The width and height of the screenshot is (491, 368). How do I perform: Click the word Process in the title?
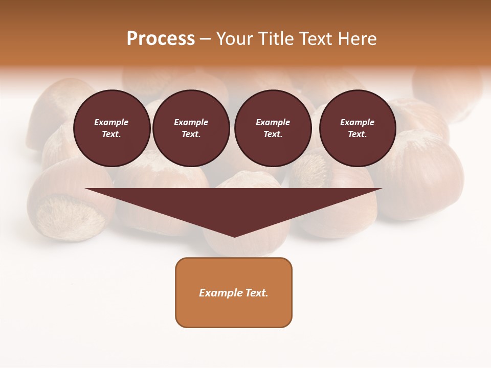[161, 39]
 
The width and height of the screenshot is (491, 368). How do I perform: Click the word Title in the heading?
[275, 39]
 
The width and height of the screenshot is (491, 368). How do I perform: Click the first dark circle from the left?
[111, 128]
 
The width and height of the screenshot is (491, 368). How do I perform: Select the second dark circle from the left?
[191, 128]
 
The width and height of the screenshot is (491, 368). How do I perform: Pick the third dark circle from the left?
[273, 128]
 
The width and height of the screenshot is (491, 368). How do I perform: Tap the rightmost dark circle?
[357, 128]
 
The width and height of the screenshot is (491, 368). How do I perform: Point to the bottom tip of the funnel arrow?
[234, 236]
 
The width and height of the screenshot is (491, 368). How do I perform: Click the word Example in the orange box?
[221, 293]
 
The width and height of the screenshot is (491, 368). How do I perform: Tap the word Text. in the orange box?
[257, 293]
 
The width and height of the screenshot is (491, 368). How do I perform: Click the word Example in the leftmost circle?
[111, 122]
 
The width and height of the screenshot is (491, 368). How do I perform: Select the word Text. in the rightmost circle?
[357, 134]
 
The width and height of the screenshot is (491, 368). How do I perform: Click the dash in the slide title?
[205, 39]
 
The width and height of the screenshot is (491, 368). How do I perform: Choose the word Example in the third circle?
[273, 122]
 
